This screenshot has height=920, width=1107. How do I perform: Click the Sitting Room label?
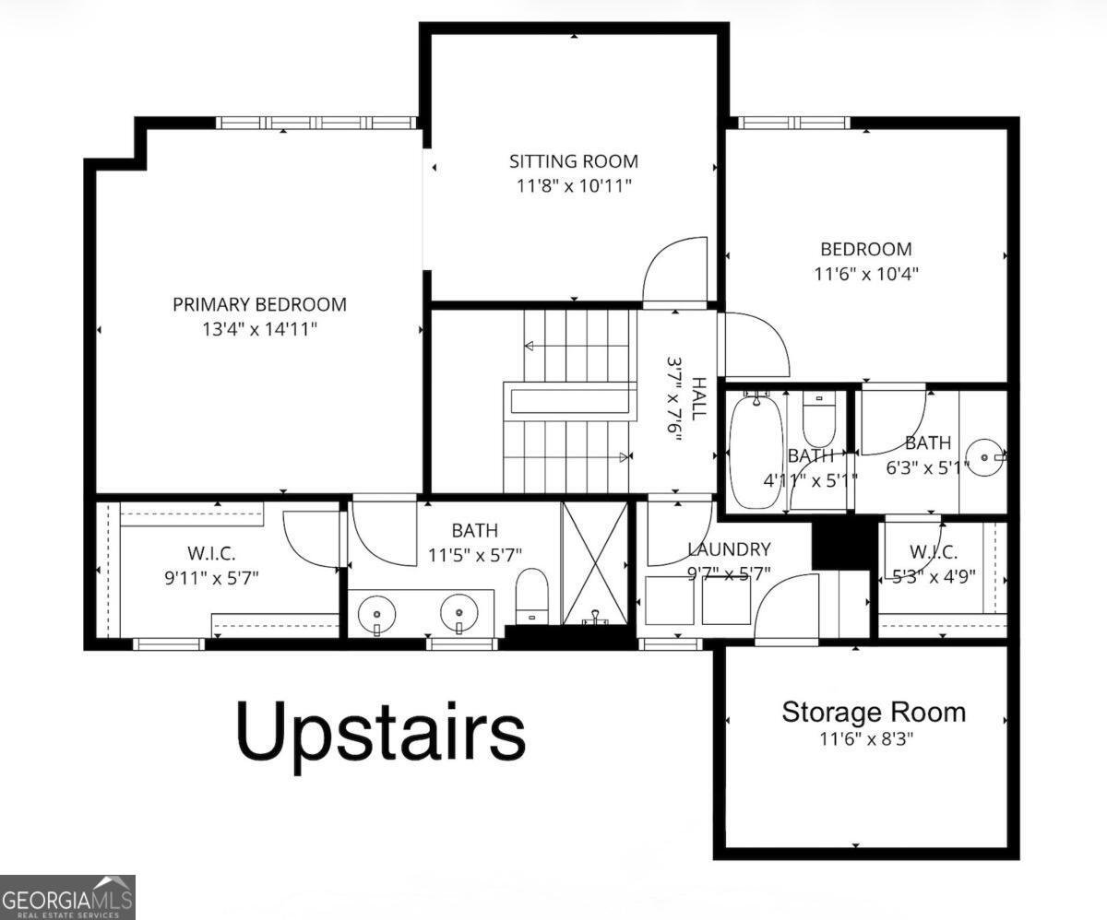pos(573,161)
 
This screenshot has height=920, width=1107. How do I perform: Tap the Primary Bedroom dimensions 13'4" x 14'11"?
pos(260,328)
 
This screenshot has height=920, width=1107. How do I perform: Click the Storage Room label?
pos(874,712)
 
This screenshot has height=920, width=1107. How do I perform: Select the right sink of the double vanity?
pos(458,611)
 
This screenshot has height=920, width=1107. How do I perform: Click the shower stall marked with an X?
pos(594,562)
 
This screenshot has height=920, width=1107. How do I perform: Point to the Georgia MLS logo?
pos(67,896)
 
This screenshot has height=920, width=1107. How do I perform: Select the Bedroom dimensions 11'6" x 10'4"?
pos(865,274)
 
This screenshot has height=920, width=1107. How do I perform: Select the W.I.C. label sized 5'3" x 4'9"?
pos(933,552)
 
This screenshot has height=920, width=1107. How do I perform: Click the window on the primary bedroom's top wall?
pos(316,123)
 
